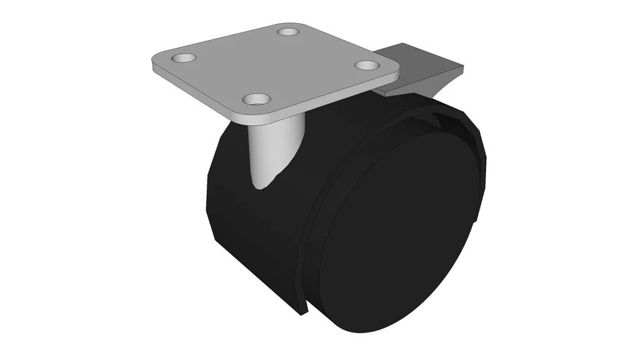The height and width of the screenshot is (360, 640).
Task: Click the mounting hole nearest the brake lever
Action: (x=366, y=65)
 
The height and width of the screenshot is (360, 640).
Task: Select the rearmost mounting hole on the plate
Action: (x=287, y=32)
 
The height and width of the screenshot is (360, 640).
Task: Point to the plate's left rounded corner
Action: (x=156, y=63)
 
